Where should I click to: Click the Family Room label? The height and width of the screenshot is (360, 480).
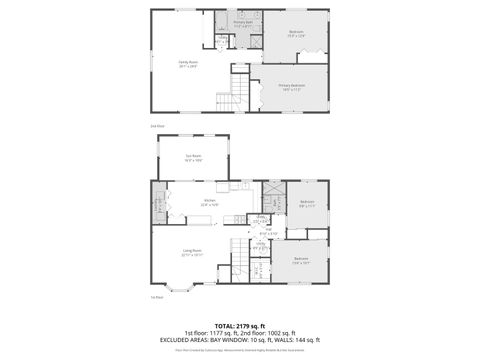[186, 63]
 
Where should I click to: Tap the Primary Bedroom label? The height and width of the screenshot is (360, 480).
[292, 86]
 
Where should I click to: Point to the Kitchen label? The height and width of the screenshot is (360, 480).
[209, 201]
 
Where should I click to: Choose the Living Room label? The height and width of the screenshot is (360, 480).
[192, 251]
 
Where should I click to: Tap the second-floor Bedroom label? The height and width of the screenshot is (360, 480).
[296, 32]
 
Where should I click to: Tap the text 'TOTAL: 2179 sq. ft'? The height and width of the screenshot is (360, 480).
[239, 326]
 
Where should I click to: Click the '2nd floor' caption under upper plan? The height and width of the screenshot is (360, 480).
[156, 125]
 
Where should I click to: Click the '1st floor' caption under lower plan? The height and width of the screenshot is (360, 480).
[156, 297]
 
